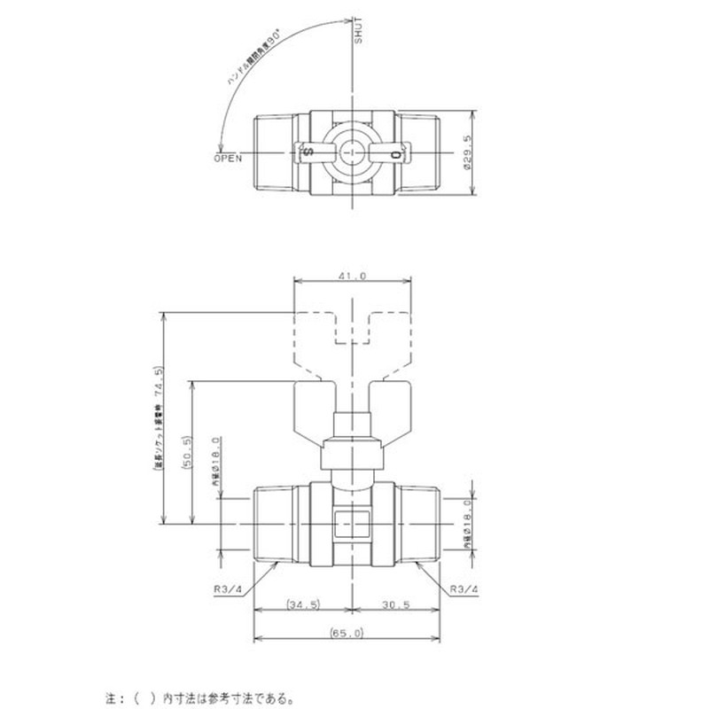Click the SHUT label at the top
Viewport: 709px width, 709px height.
pyautogui.click(x=359, y=32)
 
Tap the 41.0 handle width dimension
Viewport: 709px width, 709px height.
pyautogui.click(x=353, y=276)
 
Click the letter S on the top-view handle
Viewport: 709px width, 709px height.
pyautogui.click(x=308, y=153)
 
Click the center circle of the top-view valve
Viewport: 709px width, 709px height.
pyautogui.click(x=352, y=153)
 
